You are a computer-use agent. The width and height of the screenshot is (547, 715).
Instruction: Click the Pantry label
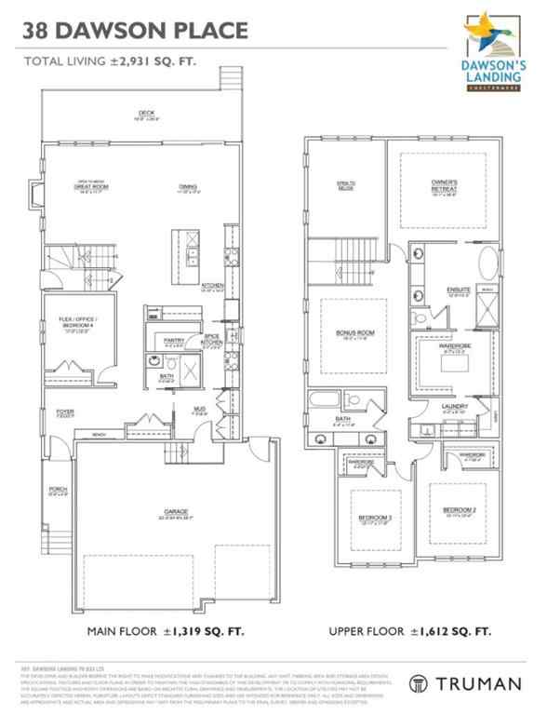(173, 341)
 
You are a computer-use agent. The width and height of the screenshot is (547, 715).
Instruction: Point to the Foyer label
(62, 411)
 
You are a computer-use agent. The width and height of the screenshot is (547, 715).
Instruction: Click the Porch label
(57, 493)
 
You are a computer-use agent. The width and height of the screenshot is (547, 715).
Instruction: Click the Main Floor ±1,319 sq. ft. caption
(167, 630)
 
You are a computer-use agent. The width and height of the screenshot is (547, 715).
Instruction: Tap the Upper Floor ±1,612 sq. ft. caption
(410, 630)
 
